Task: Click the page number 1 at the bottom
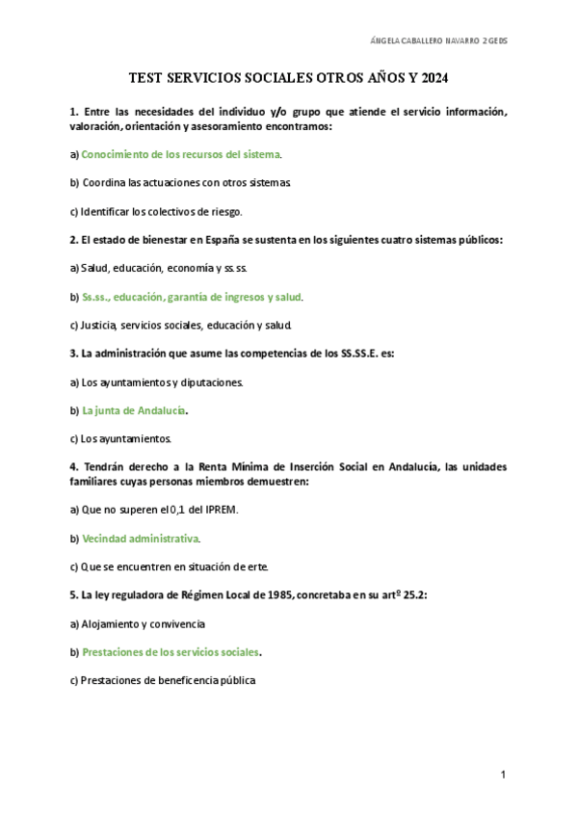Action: (x=504, y=775)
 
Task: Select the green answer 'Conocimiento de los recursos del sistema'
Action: (x=181, y=154)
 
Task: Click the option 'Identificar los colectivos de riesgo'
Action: (x=161, y=211)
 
